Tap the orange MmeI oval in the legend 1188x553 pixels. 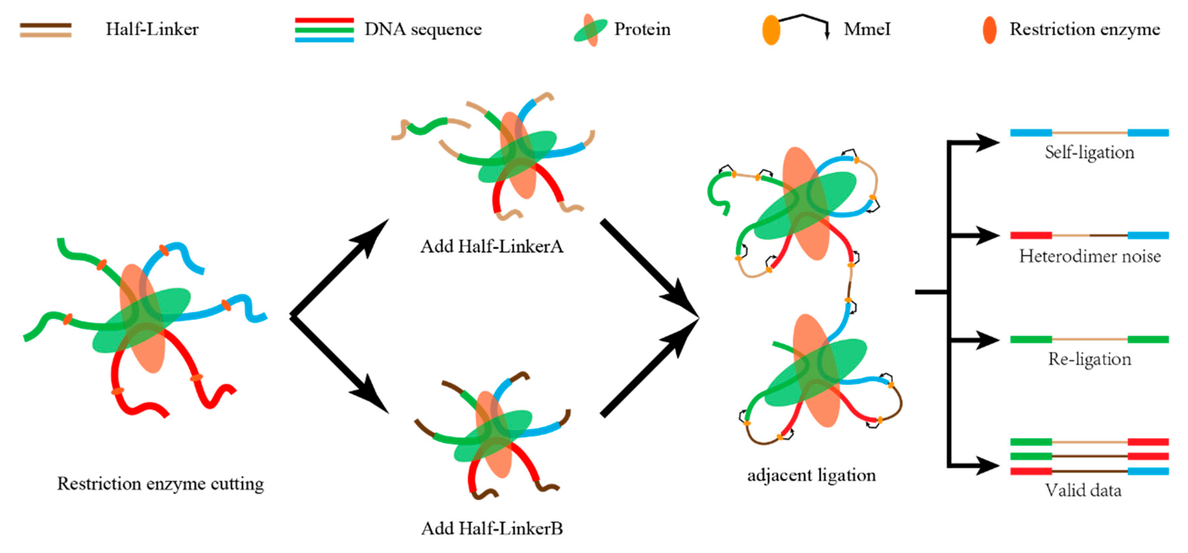(771, 30)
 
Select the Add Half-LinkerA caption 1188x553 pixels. (492, 247)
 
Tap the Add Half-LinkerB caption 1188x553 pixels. (492, 528)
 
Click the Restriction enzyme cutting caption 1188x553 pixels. (160, 484)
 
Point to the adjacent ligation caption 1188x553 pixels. (811, 475)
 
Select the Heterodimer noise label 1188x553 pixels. (1089, 256)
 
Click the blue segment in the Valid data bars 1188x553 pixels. (1148, 471)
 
